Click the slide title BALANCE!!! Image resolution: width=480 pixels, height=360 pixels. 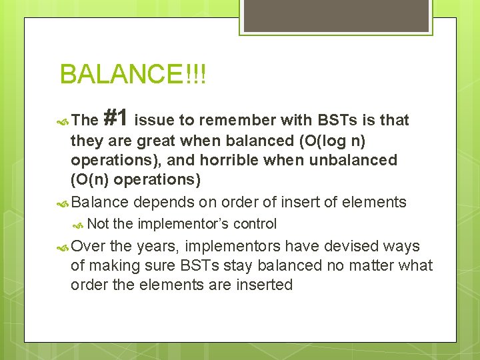[133, 75]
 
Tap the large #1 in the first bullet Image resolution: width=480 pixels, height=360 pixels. [116, 119]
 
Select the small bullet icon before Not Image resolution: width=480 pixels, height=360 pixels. [79, 225]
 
